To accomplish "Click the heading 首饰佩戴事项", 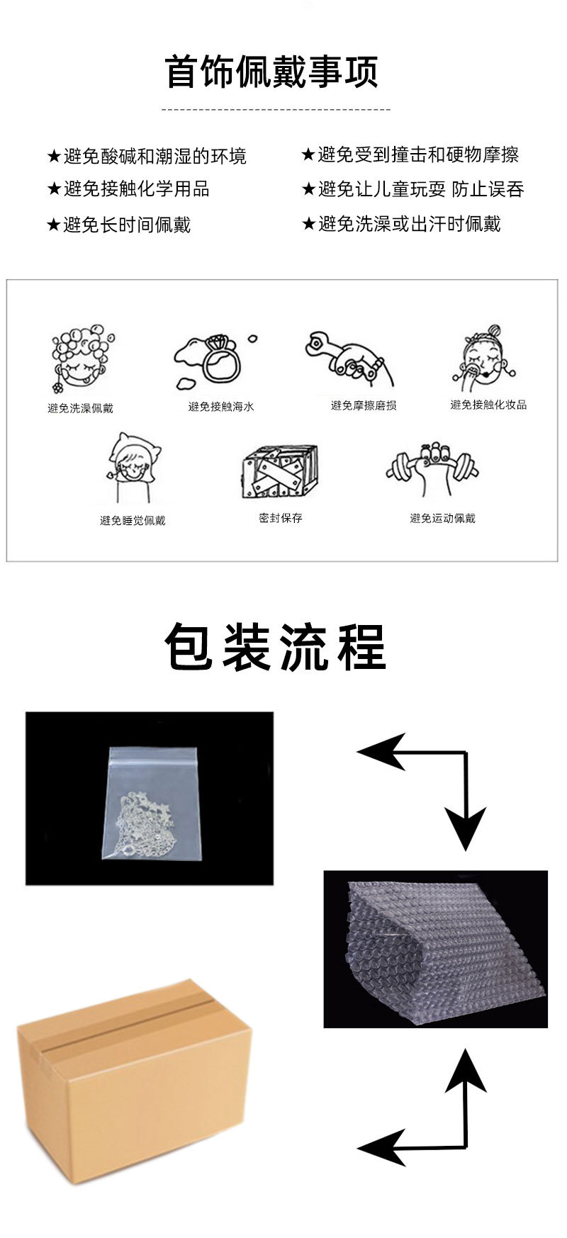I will (x=273, y=72).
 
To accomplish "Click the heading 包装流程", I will (x=275, y=646).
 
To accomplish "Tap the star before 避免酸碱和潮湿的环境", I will (x=53, y=157).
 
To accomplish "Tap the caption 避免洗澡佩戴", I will (x=80, y=408).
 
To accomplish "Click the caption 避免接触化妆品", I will (x=488, y=405).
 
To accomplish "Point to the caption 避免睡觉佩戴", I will (x=133, y=520).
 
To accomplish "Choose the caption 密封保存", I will (x=281, y=518).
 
